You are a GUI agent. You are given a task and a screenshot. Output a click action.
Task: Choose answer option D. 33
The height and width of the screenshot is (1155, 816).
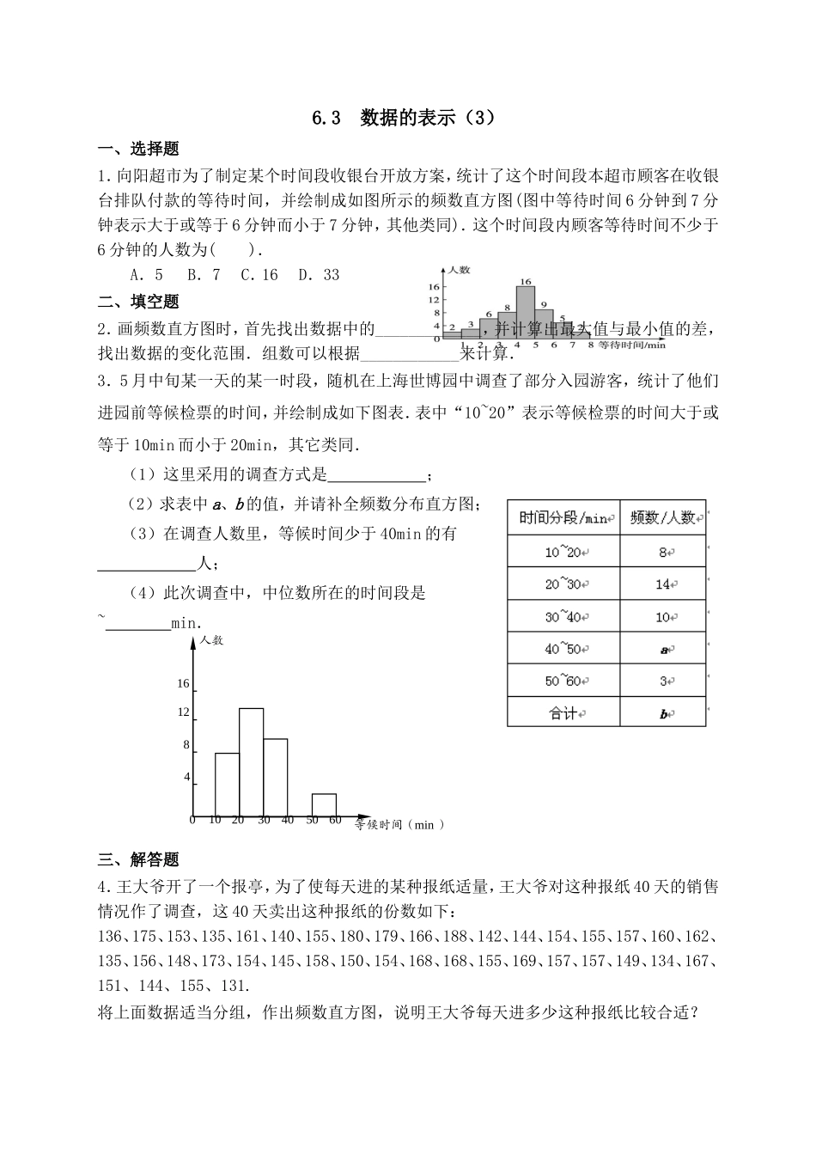(x=319, y=275)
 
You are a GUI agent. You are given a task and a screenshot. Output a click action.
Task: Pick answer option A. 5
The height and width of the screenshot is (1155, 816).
(x=146, y=275)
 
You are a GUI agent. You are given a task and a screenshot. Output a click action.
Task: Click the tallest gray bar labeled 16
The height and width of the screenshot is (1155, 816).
(x=525, y=311)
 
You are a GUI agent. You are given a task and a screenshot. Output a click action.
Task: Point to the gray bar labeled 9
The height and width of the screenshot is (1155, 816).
(x=544, y=322)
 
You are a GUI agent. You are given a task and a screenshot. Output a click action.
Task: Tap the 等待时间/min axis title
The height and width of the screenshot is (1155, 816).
(x=631, y=345)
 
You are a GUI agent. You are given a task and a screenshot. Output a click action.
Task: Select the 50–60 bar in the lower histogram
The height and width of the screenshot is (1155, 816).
(x=324, y=804)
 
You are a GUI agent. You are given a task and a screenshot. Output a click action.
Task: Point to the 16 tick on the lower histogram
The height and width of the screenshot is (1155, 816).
(x=183, y=684)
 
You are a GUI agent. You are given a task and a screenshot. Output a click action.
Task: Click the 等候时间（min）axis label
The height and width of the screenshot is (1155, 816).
(x=400, y=825)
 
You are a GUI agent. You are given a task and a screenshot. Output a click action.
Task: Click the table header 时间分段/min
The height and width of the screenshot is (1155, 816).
(x=563, y=519)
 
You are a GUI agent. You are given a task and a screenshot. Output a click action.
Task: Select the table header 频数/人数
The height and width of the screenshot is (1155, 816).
(x=662, y=519)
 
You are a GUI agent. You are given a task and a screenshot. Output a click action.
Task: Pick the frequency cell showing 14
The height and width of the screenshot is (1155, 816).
(x=662, y=584)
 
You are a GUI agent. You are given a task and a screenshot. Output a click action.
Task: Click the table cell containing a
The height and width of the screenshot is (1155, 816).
(x=663, y=650)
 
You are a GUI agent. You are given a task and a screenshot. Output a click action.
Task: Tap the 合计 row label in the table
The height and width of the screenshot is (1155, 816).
(x=563, y=713)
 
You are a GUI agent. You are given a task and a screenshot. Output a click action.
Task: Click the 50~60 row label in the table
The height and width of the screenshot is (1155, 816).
(x=563, y=681)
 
